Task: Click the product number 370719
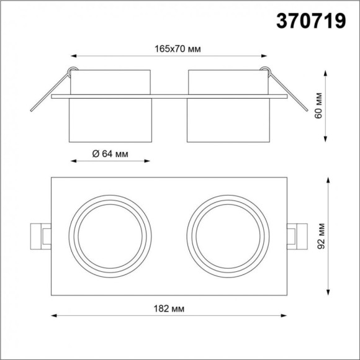click(311, 22)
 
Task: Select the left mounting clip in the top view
click(40, 236)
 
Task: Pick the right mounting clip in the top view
click(297, 236)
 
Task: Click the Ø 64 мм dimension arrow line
click(110, 162)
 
